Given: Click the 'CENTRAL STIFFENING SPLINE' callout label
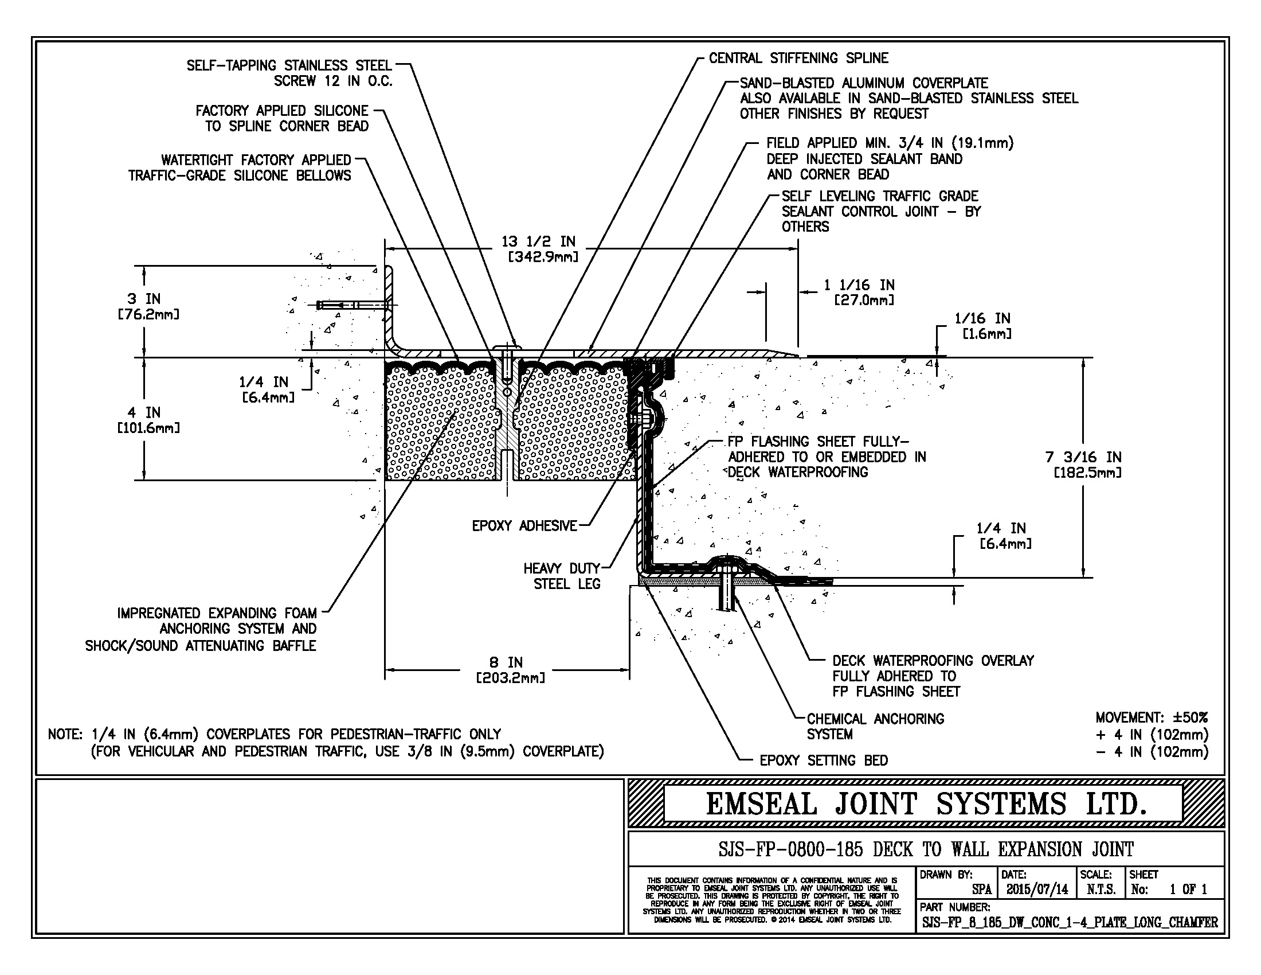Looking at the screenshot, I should pyautogui.click(x=798, y=58).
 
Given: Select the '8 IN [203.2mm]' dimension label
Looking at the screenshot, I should pyautogui.click(x=509, y=670).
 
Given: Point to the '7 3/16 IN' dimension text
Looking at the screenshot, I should pyautogui.click(x=1083, y=458).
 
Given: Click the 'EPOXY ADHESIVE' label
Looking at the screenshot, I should pyautogui.click(x=524, y=525).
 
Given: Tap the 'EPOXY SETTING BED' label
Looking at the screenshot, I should pyautogui.click(x=823, y=760).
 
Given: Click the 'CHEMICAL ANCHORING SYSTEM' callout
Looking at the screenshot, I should pyautogui.click(x=875, y=727).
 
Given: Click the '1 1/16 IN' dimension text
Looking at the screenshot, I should pyautogui.click(x=859, y=286).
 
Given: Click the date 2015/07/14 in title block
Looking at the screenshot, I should pyautogui.click(x=1036, y=890).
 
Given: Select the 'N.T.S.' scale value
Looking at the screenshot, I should pyautogui.click(x=1101, y=890).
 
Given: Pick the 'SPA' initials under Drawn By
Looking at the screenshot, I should pyautogui.click(x=981, y=890).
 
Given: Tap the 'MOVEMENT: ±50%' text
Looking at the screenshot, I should pyautogui.click(x=1151, y=718).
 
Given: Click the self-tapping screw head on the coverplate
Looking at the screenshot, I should pyautogui.click(x=507, y=348).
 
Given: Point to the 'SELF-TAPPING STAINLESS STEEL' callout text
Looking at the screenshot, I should pyautogui.click(x=289, y=66).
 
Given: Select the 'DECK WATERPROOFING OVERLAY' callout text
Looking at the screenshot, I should pyautogui.click(x=933, y=661).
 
